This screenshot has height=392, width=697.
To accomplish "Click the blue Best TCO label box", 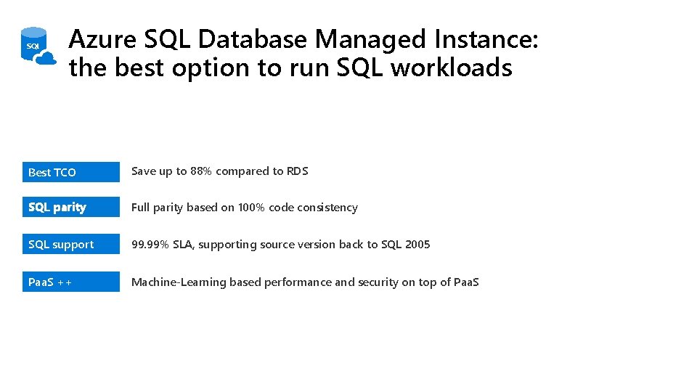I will [x=70, y=172].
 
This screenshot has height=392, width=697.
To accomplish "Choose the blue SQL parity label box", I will [x=70, y=208].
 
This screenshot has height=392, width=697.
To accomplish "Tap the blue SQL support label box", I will [x=70, y=245].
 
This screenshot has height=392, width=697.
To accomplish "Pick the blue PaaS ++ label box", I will [x=70, y=282].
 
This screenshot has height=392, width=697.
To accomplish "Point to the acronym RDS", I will [x=298, y=171].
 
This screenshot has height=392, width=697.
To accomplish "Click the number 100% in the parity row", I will [x=251, y=208].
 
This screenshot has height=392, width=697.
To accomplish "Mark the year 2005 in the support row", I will [x=417, y=245].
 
